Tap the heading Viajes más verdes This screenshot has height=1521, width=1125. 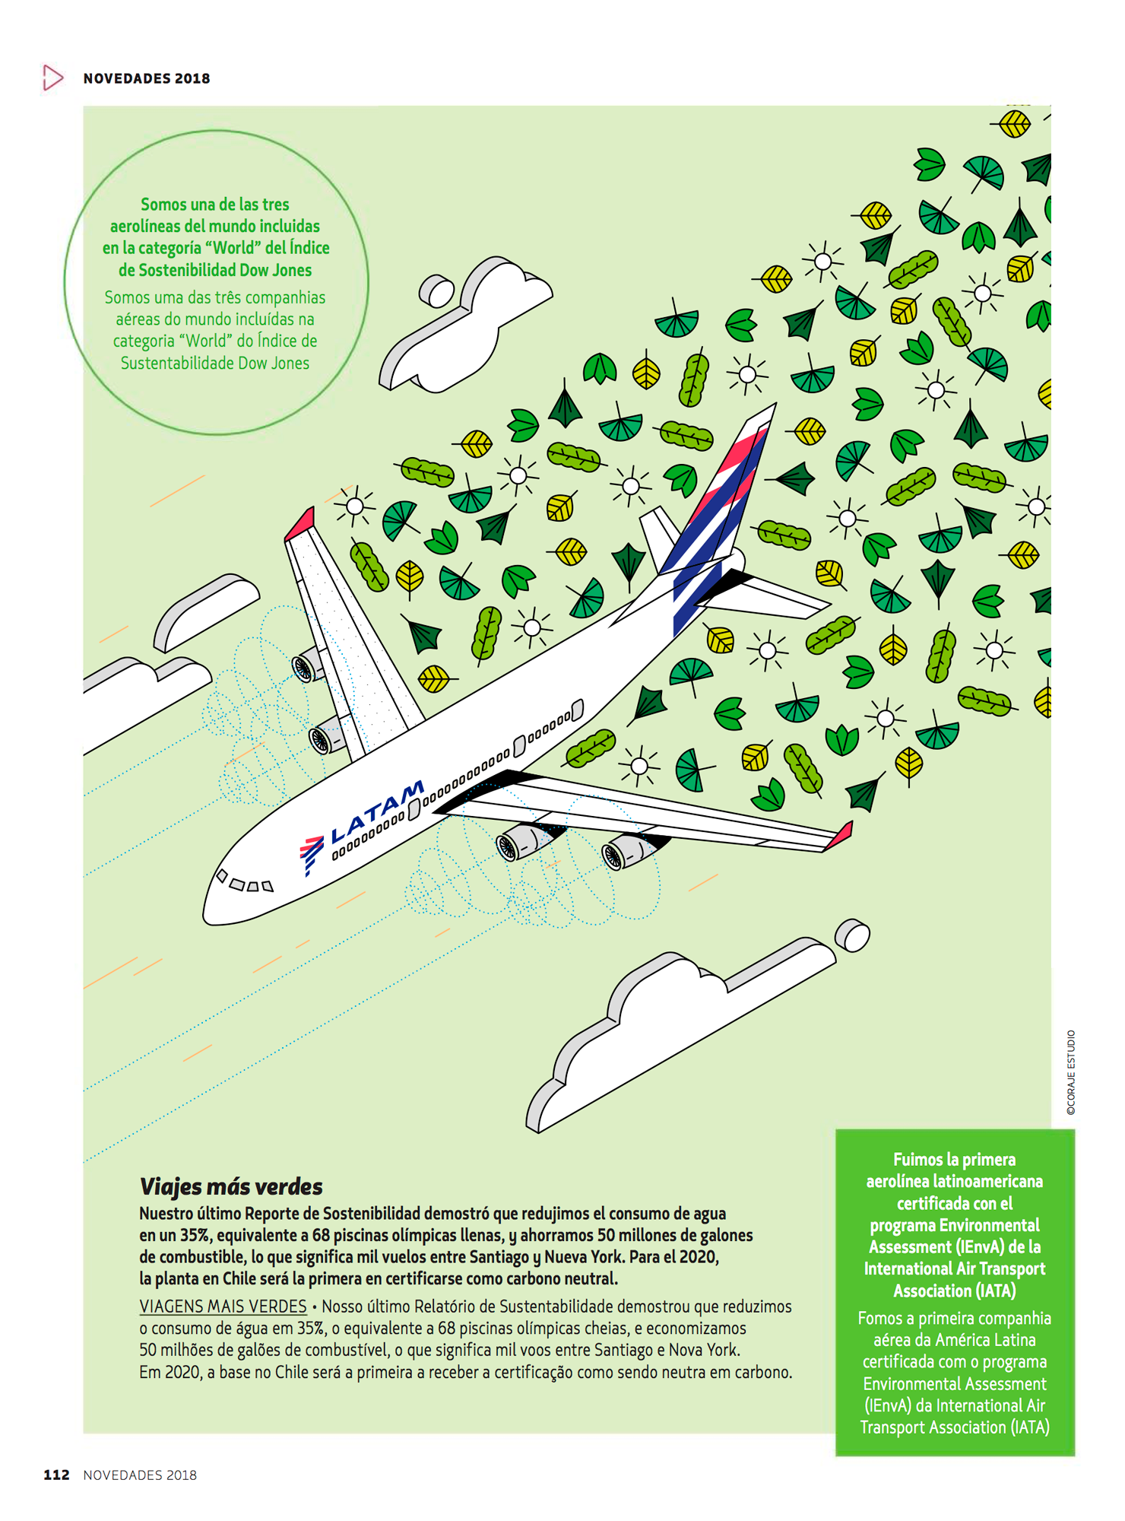(231, 1187)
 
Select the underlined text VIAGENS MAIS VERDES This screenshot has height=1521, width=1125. (223, 1307)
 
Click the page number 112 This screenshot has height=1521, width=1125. (56, 1475)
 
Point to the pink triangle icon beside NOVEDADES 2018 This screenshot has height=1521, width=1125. (52, 78)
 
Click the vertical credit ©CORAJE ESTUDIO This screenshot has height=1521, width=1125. (1071, 1072)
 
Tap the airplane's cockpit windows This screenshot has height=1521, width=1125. (246, 883)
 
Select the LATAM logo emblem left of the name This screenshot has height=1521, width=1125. (310, 853)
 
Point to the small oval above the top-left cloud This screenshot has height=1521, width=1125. (437, 291)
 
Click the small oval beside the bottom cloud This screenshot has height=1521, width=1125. (852, 935)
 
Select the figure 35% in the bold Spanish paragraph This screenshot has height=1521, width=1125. (195, 1236)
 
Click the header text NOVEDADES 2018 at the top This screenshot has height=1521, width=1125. (147, 78)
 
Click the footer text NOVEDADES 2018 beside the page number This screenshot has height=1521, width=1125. (140, 1475)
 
